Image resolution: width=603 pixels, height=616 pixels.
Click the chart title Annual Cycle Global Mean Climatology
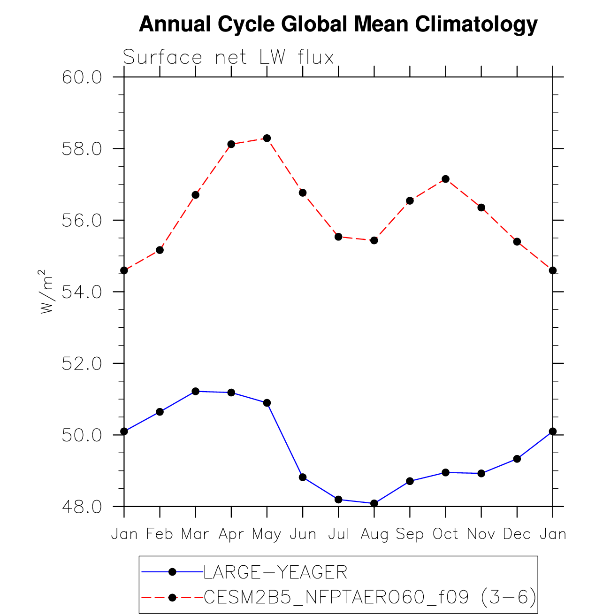tap(338, 24)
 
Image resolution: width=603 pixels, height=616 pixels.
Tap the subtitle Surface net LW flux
tap(228, 57)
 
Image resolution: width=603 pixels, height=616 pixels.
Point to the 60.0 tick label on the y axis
tap(82, 77)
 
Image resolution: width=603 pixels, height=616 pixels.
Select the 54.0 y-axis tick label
tap(82, 292)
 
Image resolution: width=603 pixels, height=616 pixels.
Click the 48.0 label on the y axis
tap(82, 507)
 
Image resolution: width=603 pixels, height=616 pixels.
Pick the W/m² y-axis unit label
tap(46, 291)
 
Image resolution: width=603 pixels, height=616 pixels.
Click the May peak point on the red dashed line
tap(267, 138)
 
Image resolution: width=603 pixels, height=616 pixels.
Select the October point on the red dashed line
tap(445, 179)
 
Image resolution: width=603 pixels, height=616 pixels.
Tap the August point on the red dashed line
tap(374, 240)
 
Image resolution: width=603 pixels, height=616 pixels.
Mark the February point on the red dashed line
tap(160, 250)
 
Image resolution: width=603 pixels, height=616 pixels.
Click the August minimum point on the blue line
tap(374, 503)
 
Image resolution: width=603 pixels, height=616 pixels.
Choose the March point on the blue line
tap(196, 391)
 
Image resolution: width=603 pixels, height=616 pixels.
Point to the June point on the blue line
tap(303, 477)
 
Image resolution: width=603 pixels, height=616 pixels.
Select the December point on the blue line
tap(517, 459)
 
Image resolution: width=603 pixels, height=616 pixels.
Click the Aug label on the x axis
tap(374, 534)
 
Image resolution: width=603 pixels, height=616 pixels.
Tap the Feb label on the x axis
tap(160, 534)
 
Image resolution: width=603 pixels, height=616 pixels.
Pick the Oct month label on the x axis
tap(445, 534)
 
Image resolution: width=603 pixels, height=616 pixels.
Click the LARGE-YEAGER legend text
tap(275, 572)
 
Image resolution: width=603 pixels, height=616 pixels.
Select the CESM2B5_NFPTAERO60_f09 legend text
tap(336, 597)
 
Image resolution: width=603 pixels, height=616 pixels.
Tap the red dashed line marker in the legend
tap(172, 597)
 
